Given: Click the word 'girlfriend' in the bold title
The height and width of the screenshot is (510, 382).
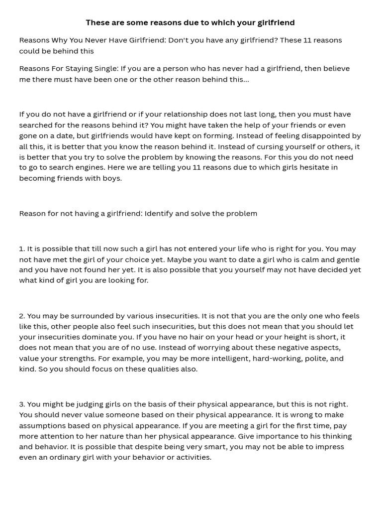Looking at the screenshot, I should (x=276, y=22).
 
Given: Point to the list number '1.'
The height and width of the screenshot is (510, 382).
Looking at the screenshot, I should (x=22, y=249).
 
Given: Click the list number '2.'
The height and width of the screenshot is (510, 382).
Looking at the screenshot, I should (x=22, y=316).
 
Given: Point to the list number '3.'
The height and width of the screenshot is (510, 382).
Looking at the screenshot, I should (x=22, y=404).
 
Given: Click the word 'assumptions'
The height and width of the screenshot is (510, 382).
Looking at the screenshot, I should (x=41, y=425).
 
